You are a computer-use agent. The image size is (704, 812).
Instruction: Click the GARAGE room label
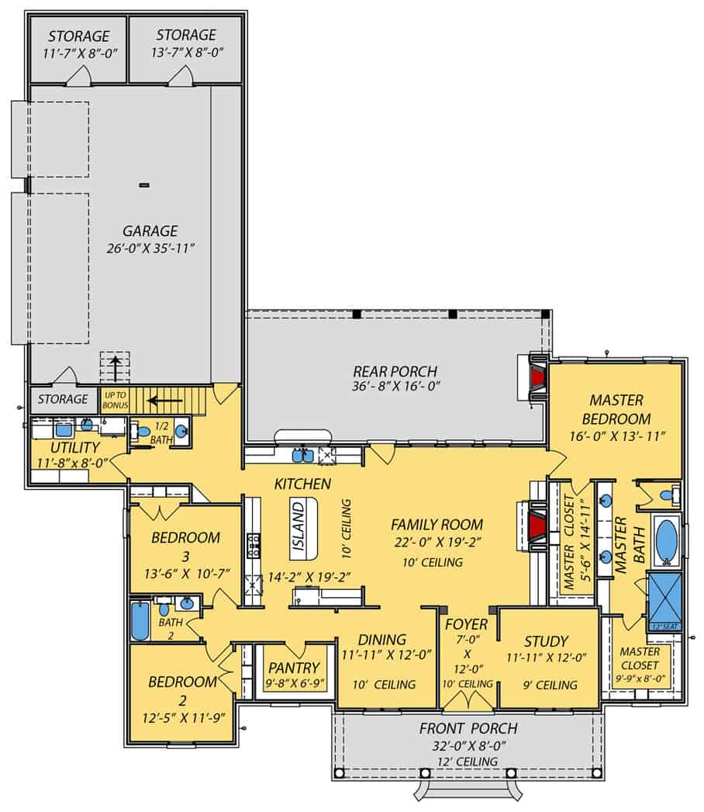(x=150, y=231)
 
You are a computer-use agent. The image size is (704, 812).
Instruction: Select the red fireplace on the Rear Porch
(x=537, y=379)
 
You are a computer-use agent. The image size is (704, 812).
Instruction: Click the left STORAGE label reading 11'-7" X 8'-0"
(x=78, y=36)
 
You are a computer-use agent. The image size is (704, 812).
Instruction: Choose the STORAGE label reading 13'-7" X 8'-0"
(x=186, y=35)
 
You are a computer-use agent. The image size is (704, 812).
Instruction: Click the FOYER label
(x=466, y=624)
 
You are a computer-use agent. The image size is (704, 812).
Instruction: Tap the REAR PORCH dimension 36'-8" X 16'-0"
(x=395, y=387)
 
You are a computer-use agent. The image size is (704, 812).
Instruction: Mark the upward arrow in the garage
(x=116, y=368)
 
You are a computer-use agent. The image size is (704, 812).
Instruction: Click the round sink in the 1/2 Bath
(x=181, y=431)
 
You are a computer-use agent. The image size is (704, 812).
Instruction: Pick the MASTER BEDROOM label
(x=616, y=408)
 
